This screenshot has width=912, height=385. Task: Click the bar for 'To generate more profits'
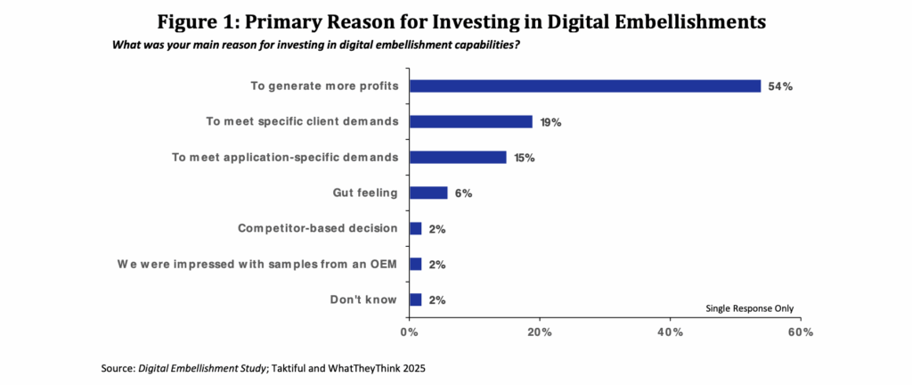tap(584, 86)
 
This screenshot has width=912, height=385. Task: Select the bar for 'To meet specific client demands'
tap(470, 122)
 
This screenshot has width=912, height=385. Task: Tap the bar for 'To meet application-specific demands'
tap(457, 158)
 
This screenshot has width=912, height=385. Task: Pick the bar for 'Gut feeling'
tap(427, 193)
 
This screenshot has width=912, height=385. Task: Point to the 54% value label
tap(780, 86)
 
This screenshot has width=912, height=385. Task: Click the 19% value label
tap(550, 122)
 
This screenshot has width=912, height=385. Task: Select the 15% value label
tap(525, 158)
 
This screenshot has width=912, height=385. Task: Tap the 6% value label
tap(463, 193)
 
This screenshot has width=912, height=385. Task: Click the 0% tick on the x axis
tap(409, 332)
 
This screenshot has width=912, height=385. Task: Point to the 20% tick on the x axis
tap(539, 332)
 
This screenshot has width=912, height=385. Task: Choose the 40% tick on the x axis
tap(670, 332)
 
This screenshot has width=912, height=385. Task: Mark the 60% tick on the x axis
tap(800, 332)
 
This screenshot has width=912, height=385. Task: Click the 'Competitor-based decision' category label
tap(317, 229)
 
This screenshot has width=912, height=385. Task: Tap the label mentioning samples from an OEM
tap(257, 265)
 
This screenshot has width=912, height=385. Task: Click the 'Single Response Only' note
tap(749, 308)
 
